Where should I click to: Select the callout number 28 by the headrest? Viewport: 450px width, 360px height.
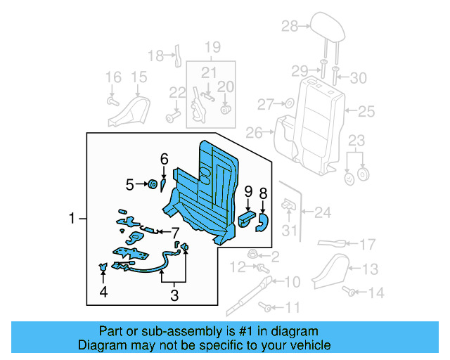[290, 27]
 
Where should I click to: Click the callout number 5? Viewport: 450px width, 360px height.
[129, 185]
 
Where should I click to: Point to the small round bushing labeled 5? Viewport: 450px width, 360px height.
[150, 184]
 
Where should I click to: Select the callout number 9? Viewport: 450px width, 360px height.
[248, 192]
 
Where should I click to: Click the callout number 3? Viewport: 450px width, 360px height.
[174, 296]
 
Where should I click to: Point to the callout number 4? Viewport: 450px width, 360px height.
[103, 292]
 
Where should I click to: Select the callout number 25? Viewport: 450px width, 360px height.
[367, 111]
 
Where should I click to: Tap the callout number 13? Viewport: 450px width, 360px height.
[370, 269]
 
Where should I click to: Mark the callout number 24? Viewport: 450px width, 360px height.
[323, 211]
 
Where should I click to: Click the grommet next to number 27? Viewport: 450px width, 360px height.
[288, 105]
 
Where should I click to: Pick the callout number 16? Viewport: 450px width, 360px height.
[113, 77]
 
